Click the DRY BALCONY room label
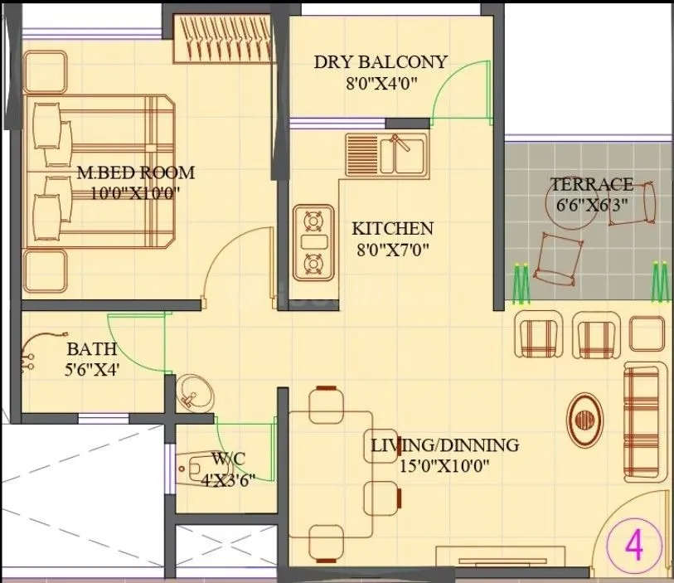click(x=381, y=62)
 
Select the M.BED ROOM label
click(x=135, y=173)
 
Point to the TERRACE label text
click(x=592, y=184)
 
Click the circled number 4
click(x=633, y=547)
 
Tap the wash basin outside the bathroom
click(x=193, y=392)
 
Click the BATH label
click(x=91, y=349)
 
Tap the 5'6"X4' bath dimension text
click(x=93, y=370)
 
